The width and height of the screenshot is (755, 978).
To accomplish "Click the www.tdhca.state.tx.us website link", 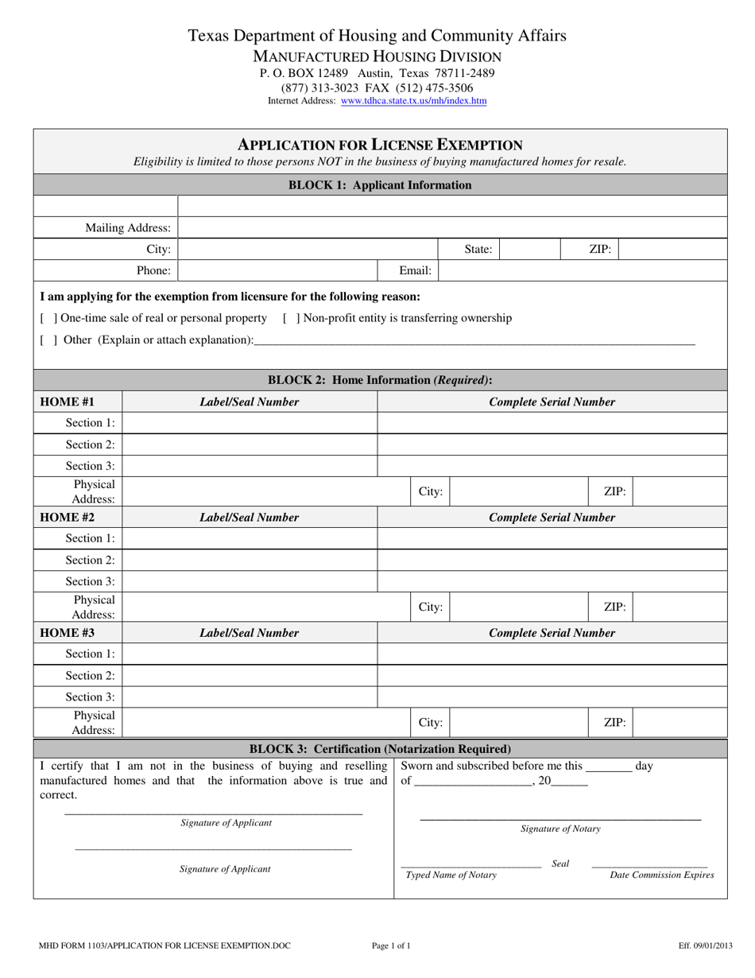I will click(x=413, y=101).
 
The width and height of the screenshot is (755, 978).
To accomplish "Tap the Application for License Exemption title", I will click(x=380, y=145).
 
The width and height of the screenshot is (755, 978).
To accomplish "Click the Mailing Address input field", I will click(x=452, y=227).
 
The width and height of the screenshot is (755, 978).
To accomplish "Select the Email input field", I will click(x=583, y=270).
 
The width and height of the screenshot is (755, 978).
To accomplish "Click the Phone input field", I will click(x=288, y=270).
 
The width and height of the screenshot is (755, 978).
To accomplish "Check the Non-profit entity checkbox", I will click(x=292, y=318).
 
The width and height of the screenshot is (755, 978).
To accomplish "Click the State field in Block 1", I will click(x=529, y=249).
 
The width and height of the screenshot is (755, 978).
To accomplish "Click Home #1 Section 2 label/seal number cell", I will click(x=250, y=444).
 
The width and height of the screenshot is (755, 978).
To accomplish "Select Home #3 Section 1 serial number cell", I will click(x=552, y=654).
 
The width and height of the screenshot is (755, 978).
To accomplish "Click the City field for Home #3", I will click(x=518, y=723).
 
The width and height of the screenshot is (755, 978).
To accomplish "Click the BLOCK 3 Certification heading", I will click(x=380, y=749).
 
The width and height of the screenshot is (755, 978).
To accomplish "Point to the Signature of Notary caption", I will click(x=560, y=829).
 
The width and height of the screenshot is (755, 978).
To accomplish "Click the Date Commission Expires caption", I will click(x=661, y=875).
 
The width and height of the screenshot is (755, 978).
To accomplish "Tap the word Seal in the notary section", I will click(x=560, y=864).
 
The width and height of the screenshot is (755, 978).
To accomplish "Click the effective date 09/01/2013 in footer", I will click(x=698, y=945).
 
